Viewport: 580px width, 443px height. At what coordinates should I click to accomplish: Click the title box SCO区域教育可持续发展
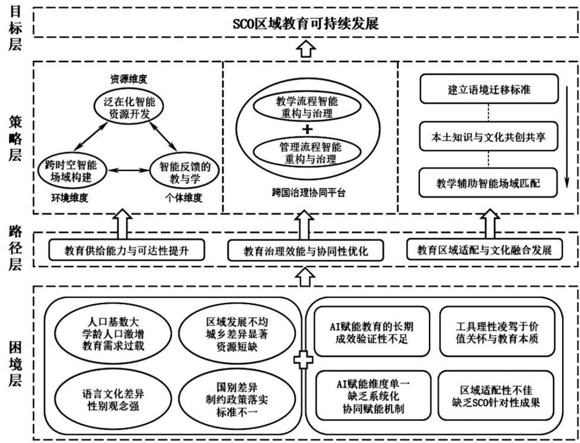(306, 24)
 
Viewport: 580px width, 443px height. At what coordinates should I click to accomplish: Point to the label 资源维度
(128, 78)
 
